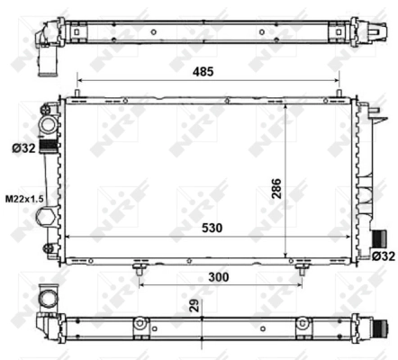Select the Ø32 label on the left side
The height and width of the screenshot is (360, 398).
click(23, 148)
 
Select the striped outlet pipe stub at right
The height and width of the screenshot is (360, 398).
click(379, 238)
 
